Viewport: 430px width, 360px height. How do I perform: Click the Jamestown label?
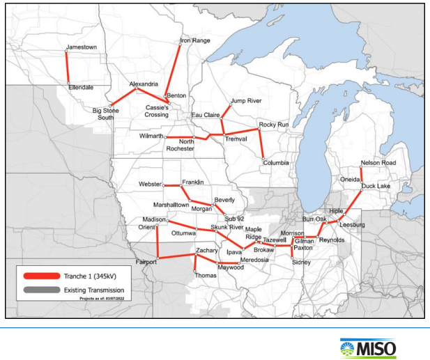(x=81, y=47)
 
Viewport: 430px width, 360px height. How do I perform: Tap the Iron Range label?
(x=194, y=40)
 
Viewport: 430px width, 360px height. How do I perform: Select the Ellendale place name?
(x=82, y=88)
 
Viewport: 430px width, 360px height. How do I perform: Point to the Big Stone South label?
(x=107, y=114)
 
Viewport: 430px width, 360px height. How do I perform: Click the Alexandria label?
(x=144, y=84)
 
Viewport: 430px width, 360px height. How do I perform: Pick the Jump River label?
(x=245, y=101)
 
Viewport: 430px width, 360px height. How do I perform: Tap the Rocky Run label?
(x=273, y=125)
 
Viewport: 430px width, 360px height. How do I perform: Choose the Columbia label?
(x=276, y=163)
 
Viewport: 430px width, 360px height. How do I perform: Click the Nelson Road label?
(x=378, y=163)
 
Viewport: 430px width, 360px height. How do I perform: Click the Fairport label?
(x=146, y=262)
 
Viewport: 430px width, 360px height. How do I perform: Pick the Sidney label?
(x=301, y=262)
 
